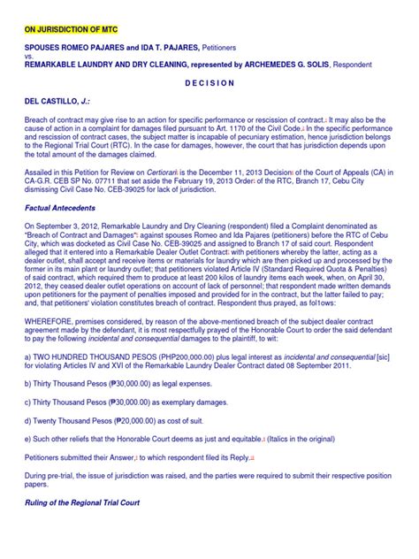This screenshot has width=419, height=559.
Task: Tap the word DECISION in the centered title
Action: (x=209, y=83)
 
